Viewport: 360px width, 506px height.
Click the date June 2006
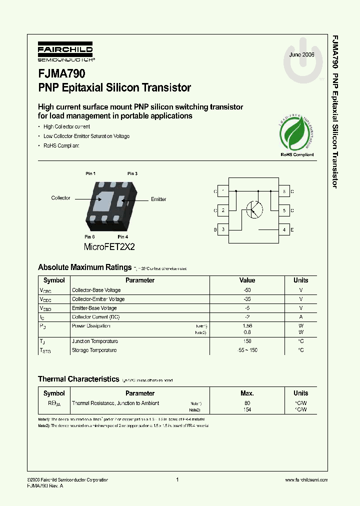(301, 54)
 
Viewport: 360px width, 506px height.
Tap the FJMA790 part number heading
(61, 74)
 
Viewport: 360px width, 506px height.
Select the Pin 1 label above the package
(90, 173)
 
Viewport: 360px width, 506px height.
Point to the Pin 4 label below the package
(123, 236)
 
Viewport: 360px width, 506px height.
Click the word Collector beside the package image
(61, 198)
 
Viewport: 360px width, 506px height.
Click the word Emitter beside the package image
(158, 199)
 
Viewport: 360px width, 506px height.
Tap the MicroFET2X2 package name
(109, 247)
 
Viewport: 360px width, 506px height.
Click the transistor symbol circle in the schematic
(254, 209)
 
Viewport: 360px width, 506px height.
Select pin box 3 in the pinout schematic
(222, 229)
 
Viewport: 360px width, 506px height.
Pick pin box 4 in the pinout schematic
(284, 229)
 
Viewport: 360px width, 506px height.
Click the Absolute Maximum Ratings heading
(85, 267)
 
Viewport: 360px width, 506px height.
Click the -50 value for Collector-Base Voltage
(247, 290)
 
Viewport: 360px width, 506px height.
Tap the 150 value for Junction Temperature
(247, 341)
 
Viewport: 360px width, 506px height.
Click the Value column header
(247, 280)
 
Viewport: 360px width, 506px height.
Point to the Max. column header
(247, 393)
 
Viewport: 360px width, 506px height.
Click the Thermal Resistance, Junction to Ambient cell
(115, 403)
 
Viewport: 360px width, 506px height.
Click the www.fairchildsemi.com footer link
(306, 480)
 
